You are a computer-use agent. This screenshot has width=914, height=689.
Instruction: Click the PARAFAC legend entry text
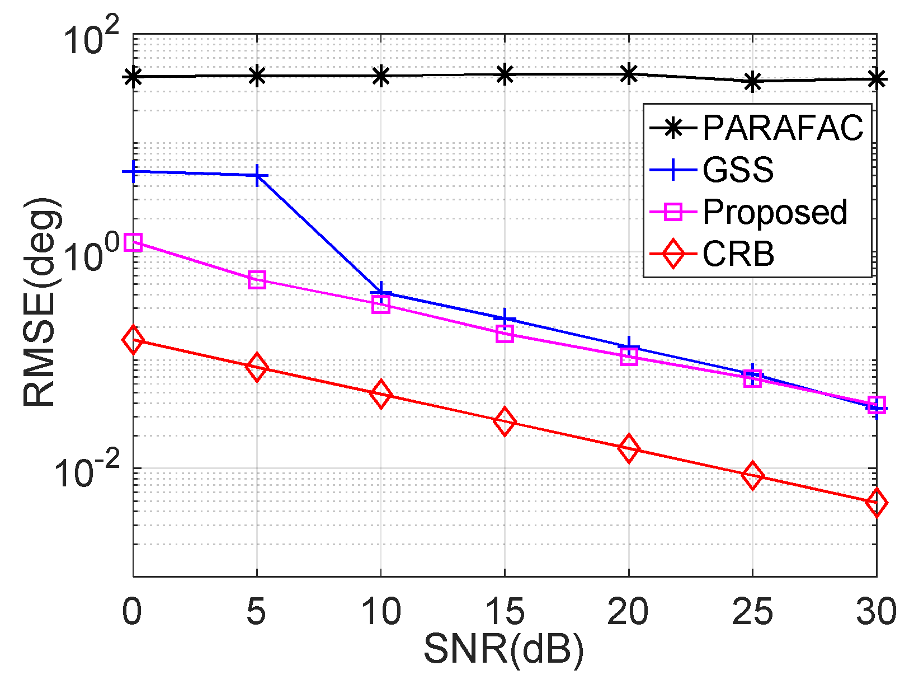(783, 128)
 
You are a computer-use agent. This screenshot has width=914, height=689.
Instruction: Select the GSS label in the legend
(738, 170)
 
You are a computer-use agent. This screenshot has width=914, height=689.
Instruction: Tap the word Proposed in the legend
(775, 212)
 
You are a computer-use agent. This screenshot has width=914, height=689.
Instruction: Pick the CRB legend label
(738, 255)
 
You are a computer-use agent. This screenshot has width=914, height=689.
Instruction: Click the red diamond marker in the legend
(674, 255)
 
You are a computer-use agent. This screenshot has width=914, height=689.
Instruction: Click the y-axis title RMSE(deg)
(40, 302)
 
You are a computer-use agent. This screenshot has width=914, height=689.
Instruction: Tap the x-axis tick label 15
(505, 611)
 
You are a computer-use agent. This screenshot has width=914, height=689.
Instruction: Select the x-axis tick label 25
(752, 611)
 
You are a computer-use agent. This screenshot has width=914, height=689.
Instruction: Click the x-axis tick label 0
(132, 611)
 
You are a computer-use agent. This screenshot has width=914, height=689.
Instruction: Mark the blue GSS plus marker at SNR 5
(257, 175)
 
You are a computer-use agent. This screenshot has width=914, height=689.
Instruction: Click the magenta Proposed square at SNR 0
(133, 242)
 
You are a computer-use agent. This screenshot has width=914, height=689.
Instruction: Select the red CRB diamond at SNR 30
(876, 503)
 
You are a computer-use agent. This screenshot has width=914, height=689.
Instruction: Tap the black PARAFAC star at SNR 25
(753, 82)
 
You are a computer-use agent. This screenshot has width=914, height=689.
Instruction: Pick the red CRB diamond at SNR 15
(505, 421)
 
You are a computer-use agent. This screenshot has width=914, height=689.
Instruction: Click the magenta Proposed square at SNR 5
(257, 280)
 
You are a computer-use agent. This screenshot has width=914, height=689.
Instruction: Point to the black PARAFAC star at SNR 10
(381, 76)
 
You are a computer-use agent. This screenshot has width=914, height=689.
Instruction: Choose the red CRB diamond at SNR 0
(133, 339)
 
